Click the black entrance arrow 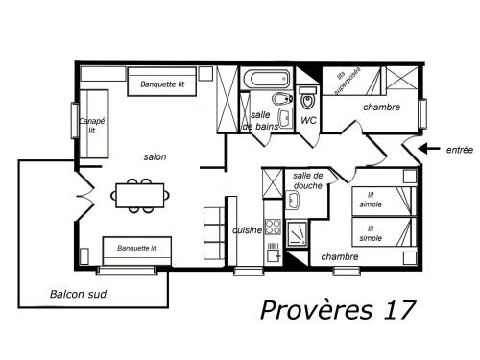point(429,149)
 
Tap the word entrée point(460,150)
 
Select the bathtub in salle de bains point(266,78)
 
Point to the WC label point(308,120)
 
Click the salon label point(155,156)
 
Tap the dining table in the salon point(140,196)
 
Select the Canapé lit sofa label point(92,126)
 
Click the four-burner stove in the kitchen point(273,227)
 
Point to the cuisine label point(247,230)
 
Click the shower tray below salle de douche point(297,234)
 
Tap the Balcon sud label point(78,294)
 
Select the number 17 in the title point(399,310)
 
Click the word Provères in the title point(317,310)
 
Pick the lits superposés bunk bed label point(348,81)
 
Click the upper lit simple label point(371,200)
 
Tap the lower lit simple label point(371,233)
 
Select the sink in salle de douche point(292,200)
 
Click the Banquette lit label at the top point(162,84)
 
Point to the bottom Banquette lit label point(136,248)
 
